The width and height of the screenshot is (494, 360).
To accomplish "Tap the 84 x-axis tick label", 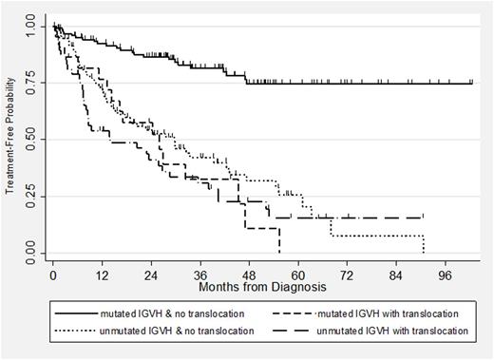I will [x=396, y=273].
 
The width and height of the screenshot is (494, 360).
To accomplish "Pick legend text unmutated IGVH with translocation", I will [x=387, y=330].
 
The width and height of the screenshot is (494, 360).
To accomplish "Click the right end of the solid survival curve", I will [x=472, y=84].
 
